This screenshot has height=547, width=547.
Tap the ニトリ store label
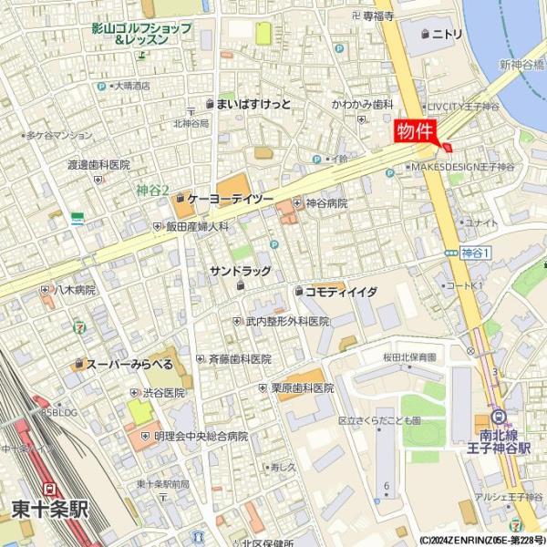pos(447,34)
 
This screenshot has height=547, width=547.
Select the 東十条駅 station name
pos(50,508)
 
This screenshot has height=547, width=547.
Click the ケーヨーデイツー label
pos(230,198)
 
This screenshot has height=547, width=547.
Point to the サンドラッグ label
pos(240,271)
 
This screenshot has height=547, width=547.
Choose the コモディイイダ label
pos(341,292)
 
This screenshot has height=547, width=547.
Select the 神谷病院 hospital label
pos(325,203)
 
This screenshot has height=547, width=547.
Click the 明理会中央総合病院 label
pos(200,437)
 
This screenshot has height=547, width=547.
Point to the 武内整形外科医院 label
pos(286,322)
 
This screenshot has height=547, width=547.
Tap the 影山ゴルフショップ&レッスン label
pos(141,34)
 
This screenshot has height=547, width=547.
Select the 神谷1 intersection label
pos(476,252)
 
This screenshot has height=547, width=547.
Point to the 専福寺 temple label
pos(377,16)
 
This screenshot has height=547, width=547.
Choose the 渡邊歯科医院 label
pos(98,165)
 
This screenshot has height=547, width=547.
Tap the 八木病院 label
pos(74,289)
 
